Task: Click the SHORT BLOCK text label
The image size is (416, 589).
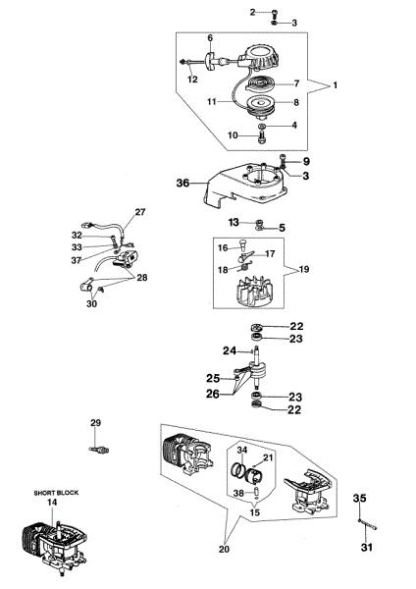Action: [x=56, y=493]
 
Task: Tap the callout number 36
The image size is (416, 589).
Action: [x=182, y=183]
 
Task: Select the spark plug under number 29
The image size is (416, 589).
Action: [x=99, y=450]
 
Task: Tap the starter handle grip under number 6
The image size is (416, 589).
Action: [x=210, y=61]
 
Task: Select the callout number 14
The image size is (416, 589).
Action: [x=52, y=502]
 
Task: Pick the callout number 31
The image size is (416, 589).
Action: [x=366, y=548]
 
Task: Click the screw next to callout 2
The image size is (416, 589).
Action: [x=274, y=13]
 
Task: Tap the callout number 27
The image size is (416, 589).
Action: [x=140, y=212]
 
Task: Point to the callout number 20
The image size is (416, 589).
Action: [x=224, y=549]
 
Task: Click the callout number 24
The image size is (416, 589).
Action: [x=230, y=350]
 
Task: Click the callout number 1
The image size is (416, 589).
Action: [x=335, y=85]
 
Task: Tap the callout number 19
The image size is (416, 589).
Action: [x=304, y=269]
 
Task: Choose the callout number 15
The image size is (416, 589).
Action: [x=254, y=512]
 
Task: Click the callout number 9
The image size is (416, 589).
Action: [x=306, y=162]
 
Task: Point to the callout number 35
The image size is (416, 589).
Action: [x=359, y=498]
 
